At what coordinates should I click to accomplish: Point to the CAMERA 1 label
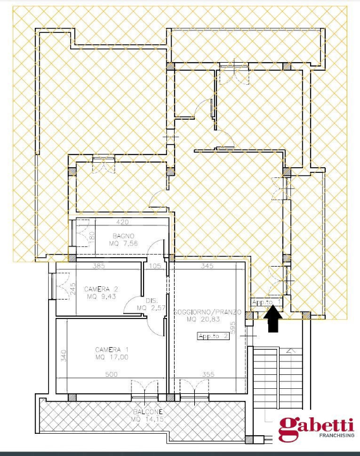coord(112,350)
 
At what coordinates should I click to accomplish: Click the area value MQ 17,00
coord(112,358)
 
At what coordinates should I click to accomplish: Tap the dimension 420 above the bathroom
coord(123,222)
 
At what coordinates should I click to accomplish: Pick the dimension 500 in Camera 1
coord(111,375)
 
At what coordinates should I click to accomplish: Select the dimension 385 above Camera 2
coord(98,267)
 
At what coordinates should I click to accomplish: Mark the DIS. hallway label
coord(151,301)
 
